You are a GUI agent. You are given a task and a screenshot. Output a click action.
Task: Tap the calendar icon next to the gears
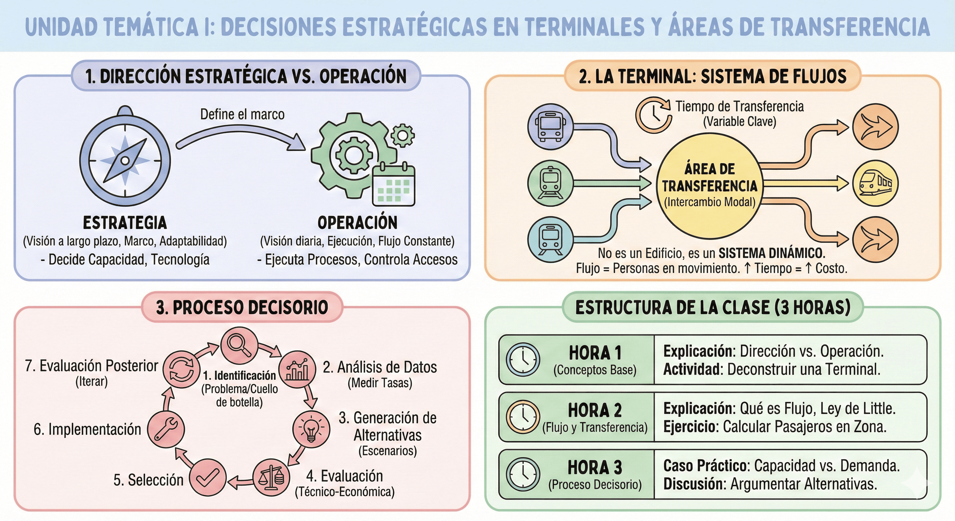click(393, 184)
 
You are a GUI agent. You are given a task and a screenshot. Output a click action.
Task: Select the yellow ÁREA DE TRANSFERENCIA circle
click(709, 186)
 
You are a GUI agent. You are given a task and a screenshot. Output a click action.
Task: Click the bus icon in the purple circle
click(550, 127)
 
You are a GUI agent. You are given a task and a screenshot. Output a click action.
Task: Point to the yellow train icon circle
click(876, 183)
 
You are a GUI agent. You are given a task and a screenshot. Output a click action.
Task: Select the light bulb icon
click(311, 429)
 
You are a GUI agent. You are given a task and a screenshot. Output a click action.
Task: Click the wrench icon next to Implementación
click(166, 429)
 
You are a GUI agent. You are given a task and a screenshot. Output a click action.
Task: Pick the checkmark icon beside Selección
click(208, 478)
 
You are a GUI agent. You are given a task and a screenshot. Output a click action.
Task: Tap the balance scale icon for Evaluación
click(271, 478)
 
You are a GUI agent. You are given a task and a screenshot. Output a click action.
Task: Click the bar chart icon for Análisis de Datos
click(297, 369)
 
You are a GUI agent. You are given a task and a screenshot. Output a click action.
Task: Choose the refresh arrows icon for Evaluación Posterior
click(181, 369)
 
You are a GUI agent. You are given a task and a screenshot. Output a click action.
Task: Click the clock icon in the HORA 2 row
click(523, 417)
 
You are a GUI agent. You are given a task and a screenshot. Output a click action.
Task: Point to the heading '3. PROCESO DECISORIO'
click(242, 307)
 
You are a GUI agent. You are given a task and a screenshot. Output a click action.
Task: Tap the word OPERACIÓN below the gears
click(357, 223)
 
